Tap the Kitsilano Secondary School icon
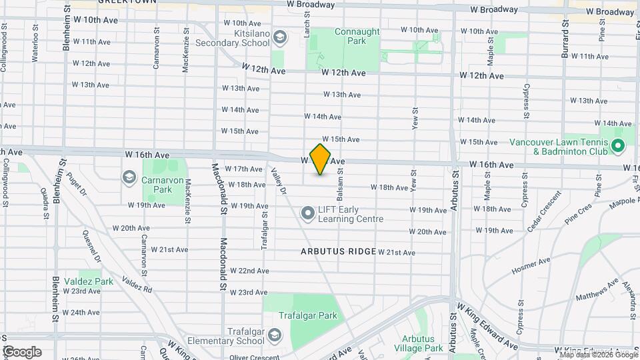280,37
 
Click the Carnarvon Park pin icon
129,177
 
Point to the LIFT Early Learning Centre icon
307,213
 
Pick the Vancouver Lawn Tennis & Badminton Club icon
617,145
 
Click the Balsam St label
340,179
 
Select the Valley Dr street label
279,181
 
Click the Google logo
22,351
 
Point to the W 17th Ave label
244,169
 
